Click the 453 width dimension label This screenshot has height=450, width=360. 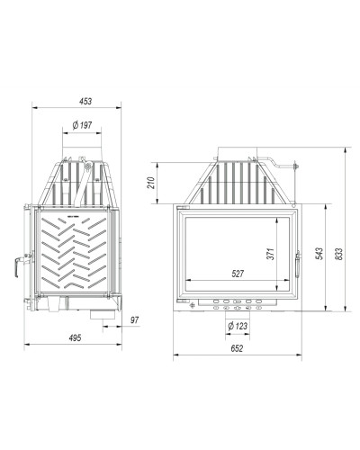(85, 102)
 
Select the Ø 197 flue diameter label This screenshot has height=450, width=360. (82, 125)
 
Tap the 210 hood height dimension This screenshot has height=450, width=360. (152, 183)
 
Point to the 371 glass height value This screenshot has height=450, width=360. (271, 254)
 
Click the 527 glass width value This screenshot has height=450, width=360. (238, 274)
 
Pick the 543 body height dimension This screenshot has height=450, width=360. (319, 254)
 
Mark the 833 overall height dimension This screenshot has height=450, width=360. (338, 254)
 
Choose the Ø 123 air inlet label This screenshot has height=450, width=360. (238, 326)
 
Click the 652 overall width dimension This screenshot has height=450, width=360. (237, 348)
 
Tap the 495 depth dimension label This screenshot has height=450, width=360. (75, 337)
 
